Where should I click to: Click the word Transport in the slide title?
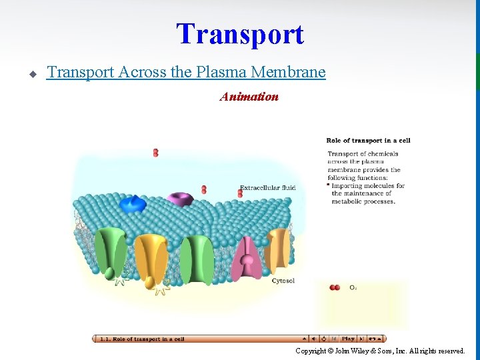(239, 34)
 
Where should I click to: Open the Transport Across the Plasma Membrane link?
(186, 72)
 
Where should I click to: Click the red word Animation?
(249, 97)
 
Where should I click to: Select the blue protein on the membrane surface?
(133, 203)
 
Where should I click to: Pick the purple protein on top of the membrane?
(179, 199)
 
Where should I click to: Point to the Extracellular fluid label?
(267, 187)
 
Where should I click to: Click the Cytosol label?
(283, 281)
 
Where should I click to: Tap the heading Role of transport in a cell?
(368, 140)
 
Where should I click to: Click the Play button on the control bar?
(348, 339)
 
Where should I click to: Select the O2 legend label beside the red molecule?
(353, 288)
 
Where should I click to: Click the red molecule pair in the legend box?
(335, 287)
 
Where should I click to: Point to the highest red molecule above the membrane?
(155, 153)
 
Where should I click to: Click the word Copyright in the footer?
(311, 351)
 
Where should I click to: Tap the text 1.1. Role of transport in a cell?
(141, 339)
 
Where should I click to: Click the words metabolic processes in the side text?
(363, 201)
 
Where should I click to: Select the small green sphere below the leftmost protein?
(109, 272)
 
